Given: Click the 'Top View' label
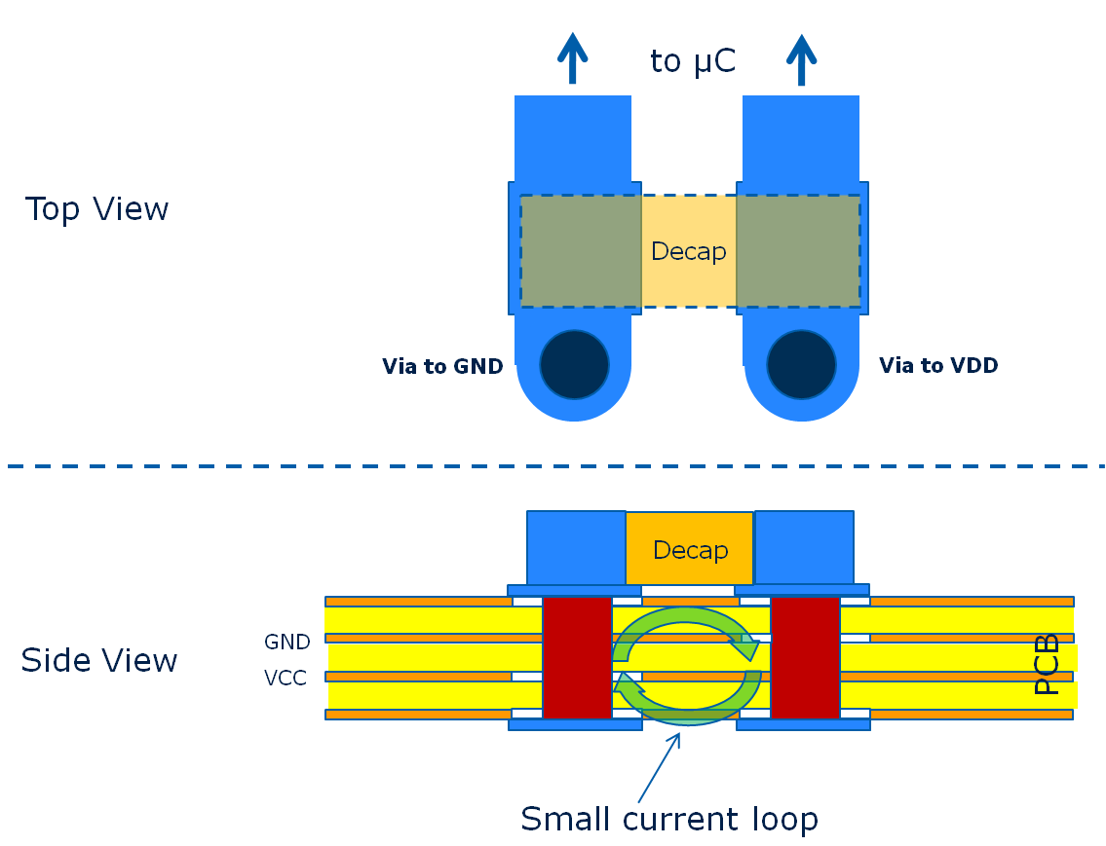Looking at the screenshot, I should pos(97,209).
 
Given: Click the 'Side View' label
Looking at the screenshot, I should pos(99,661).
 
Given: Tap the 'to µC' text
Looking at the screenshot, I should pos(692,61).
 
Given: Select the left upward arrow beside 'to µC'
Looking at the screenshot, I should pos(572,58).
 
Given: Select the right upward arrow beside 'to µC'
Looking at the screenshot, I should pos(801,59).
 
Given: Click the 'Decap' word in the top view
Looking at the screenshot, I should pos(688,252).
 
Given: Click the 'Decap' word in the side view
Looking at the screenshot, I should pos(690,551).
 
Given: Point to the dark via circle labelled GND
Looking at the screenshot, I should pos(575,364).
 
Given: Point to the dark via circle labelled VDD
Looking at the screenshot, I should pos(801,364).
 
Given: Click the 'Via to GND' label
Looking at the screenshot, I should pos(442,367).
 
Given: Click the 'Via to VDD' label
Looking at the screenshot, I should pos(938,366).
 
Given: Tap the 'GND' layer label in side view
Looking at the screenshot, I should pos(287,643).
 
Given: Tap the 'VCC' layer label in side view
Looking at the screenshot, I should pos(286,679).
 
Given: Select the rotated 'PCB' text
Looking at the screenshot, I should pos(1047,664).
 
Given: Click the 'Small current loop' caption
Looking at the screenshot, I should pos(669,820).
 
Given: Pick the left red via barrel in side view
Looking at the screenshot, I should pos(577,657).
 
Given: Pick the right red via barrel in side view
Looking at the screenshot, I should pos(805,657).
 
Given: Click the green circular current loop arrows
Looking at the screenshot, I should pos(687,664).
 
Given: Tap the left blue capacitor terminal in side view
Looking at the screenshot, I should pos(576,547).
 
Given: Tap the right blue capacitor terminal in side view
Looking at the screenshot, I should pos(804,547).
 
